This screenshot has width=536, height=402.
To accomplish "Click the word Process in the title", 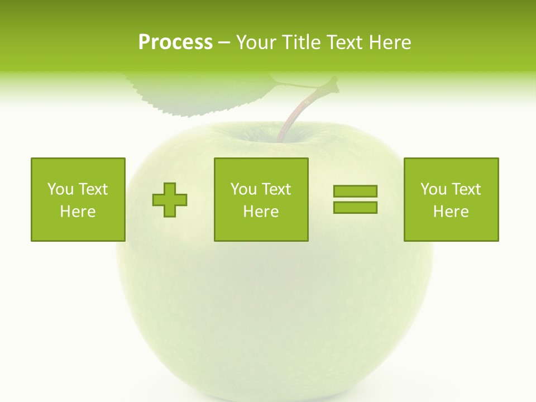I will [x=175, y=42].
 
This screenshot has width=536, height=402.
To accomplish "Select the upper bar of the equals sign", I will [x=355, y=191].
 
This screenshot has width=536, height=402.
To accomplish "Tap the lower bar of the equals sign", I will [x=355, y=207].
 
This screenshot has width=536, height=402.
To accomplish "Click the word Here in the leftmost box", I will [x=78, y=212].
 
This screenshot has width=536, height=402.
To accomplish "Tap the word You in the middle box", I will [x=243, y=189].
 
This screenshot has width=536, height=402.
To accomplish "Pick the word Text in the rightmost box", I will [x=466, y=189].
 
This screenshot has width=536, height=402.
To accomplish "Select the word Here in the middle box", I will [x=261, y=212].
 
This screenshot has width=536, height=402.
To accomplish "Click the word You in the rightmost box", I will [x=433, y=189].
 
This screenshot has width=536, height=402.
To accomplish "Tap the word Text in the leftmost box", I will [x=93, y=189].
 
